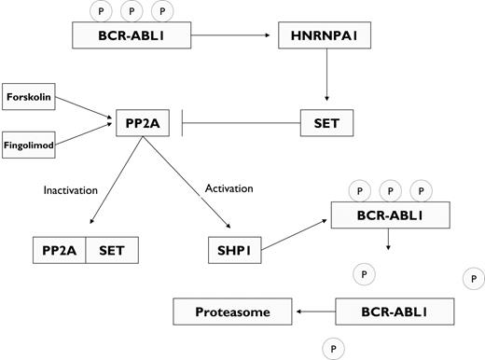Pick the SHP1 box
(x=233, y=251)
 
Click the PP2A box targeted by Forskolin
(x=144, y=121)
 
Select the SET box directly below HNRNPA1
(x=326, y=121)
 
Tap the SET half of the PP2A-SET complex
(x=112, y=251)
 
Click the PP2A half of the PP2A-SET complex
(x=59, y=251)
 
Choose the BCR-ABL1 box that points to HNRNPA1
(x=137, y=36)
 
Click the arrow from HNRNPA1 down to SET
(x=327, y=78)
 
